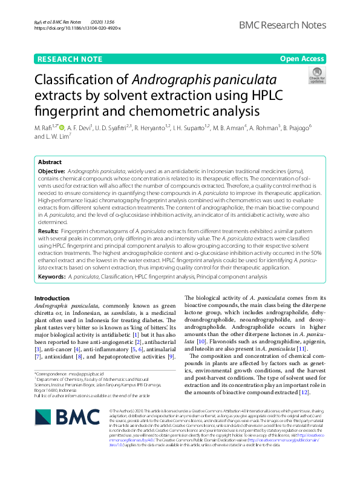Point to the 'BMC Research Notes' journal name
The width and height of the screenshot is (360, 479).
(283, 25)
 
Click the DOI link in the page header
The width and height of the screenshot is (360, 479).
(77, 28)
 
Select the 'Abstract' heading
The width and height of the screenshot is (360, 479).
(50, 163)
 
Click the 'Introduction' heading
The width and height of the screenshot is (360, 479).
(52, 299)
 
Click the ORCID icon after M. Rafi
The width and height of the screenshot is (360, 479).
(62, 128)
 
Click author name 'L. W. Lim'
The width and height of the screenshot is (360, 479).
(60, 136)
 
